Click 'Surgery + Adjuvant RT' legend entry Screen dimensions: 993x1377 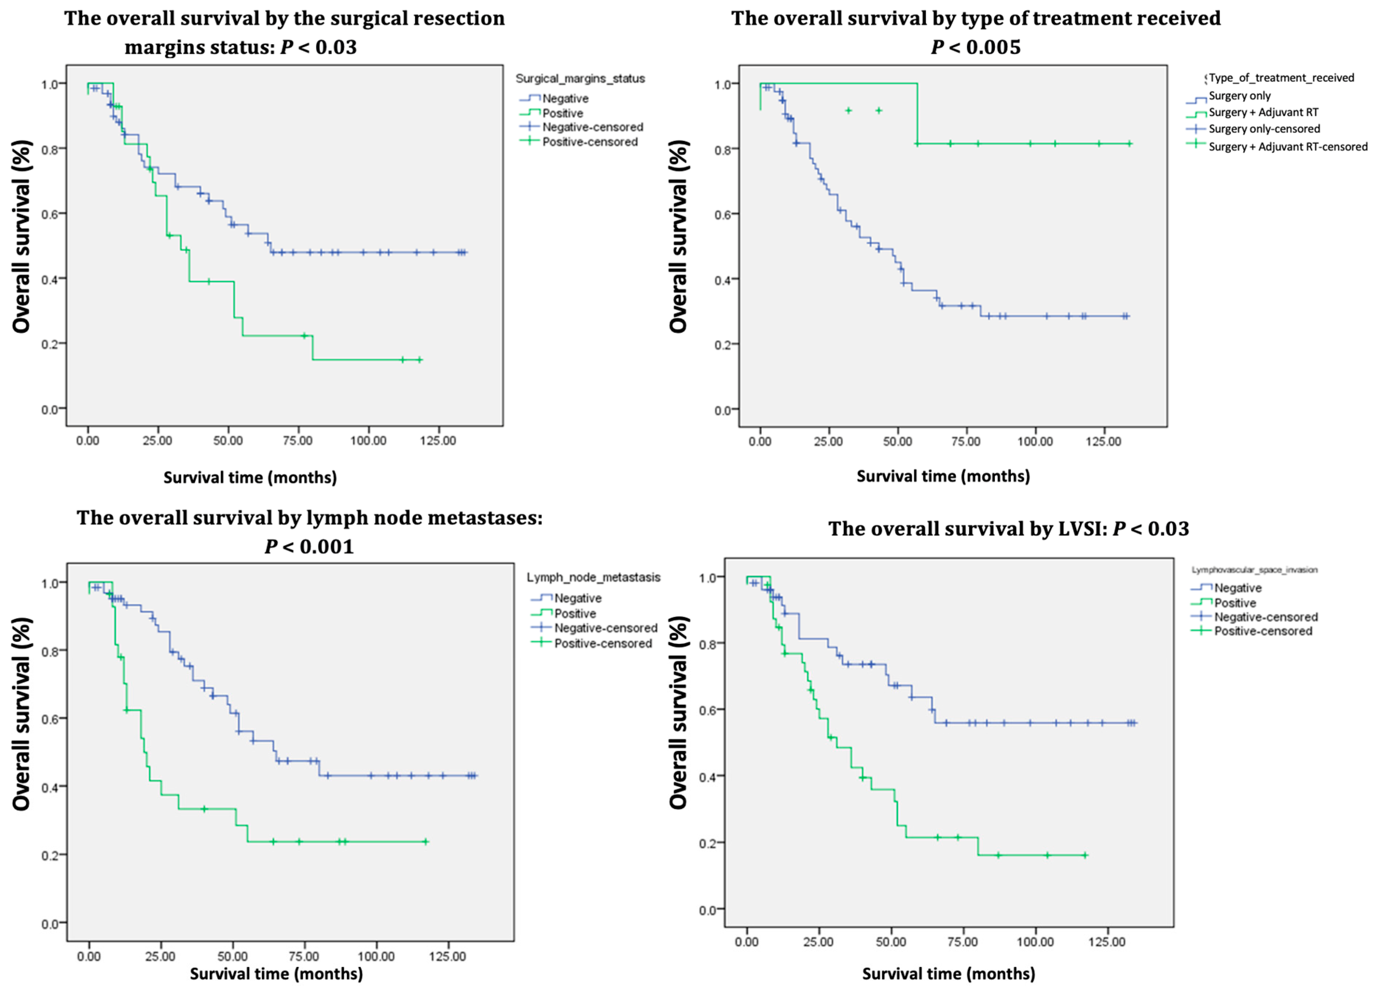coord(1263,112)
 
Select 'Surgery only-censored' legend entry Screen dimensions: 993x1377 coord(1264,129)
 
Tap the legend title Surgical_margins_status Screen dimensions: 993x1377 coord(580,78)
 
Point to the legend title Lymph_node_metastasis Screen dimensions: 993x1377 coord(593,577)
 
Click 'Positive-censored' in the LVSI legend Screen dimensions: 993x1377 coord(1263,631)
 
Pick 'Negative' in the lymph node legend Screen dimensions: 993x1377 coord(577,598)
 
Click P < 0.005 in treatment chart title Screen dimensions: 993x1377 coord(976,47)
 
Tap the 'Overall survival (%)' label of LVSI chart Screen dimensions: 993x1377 coord(678,712)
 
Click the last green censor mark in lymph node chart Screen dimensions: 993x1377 coord(426,842)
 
